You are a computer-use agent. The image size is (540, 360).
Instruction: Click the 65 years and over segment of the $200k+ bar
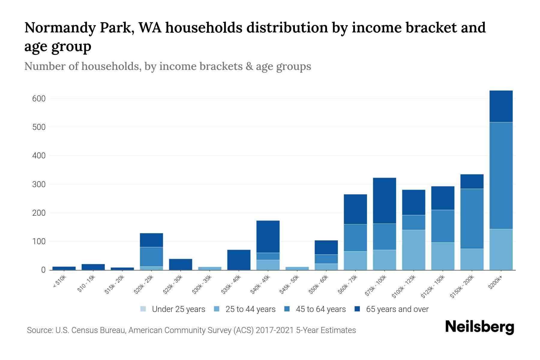pyautogui.click(x=501, y=106)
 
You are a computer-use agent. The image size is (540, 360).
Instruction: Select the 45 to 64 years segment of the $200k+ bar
pyautogui.click(x=501, y=175)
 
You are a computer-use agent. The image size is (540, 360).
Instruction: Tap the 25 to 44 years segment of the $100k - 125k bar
pyautogui.click(x=413, y=250)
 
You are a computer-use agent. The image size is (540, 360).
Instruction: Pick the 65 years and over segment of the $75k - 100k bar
pyautogui.click(x=384, y=201)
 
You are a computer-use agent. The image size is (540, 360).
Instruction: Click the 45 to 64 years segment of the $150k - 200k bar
pyautogui.click(x=472, y=219)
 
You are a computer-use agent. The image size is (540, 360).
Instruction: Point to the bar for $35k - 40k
pyautogui.click(x=239, y=260)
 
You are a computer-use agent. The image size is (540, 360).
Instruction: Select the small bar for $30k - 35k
pyautogui.click(x=210, y=268)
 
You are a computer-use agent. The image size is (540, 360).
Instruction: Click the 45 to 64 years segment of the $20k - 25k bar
pyautogui.click(x=151, y=257)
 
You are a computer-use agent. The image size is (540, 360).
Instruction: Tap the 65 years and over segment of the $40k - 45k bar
pyautogui.click(x=268, y=237)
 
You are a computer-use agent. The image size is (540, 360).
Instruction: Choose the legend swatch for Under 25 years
pyautogui.click(x=143, y=309)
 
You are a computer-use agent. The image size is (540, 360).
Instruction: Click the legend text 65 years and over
pyautogui.click(x=397, y=309)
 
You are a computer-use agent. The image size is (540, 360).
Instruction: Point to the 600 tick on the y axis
pyautogui.click(x=39, y=99)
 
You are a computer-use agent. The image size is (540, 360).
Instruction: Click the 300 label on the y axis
pyautogui.click(x=39, y=184)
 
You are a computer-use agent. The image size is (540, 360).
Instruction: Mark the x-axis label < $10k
pyautogui.click(x=60, y=282)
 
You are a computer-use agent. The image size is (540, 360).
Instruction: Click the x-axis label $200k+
pyautogui.click(x=495, y=282)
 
